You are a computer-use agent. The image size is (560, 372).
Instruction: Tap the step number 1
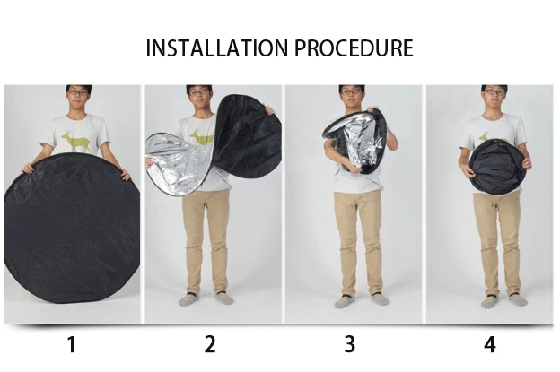[x=72, y=344]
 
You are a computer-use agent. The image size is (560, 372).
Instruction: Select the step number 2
[x=210, y=344]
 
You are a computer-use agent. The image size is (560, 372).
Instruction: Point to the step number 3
[x=349, y=344]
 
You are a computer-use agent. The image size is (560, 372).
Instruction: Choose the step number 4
[x=489, y=344]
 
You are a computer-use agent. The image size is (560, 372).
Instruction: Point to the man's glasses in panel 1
[x=77, y=92]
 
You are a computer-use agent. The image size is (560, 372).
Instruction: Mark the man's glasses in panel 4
[x=494, y=92]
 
